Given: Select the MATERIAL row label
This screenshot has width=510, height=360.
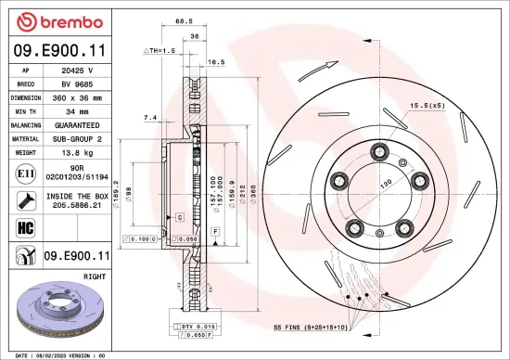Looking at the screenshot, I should (25, 137).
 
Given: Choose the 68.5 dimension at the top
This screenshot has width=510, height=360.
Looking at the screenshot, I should (184, 19).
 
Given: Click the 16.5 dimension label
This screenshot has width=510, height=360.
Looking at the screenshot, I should (216, 62).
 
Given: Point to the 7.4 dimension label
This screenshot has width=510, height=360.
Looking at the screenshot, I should (150, 117).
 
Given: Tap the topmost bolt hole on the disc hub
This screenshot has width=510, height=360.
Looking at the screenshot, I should (378, 151).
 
